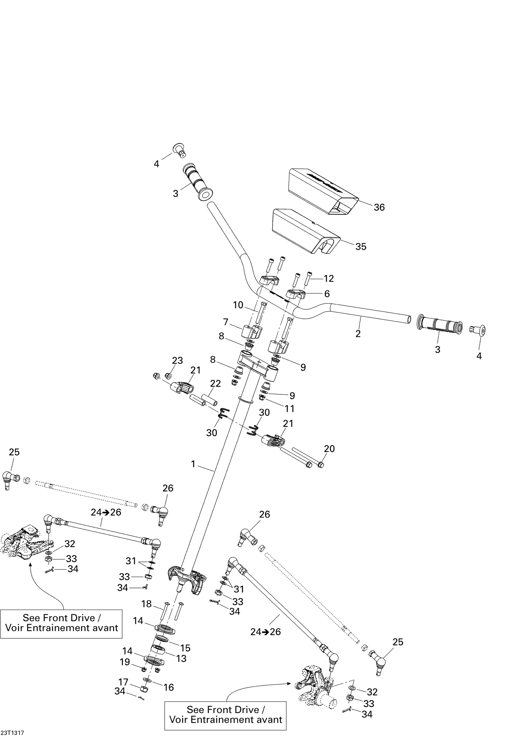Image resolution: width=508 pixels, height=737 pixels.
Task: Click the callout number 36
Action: pos(379,207)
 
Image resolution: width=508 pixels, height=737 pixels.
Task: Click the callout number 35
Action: pos(361,246)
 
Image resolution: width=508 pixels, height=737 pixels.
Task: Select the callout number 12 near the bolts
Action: pos(329,278)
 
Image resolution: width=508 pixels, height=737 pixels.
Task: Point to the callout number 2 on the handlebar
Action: pos(358,333)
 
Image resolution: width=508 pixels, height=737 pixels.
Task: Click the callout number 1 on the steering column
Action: pos(193,464)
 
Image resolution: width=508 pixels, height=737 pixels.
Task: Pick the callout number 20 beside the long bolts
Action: pos(329,449)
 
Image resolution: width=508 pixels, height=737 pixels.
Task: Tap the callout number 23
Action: pos(177,360)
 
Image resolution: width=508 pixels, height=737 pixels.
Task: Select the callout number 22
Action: pos(215,383)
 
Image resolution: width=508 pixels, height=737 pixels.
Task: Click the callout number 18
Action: pos(146,604)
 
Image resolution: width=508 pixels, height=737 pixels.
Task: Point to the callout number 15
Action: pos(185,648)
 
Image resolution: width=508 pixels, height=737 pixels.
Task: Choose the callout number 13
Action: pos(182,658)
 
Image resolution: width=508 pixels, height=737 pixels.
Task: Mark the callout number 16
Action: pos(169,687)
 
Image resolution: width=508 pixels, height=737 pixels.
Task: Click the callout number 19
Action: pos(125,662)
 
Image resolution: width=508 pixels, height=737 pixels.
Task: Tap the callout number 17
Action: pos(123,682)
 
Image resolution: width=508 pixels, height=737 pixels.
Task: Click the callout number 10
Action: pos(238,305)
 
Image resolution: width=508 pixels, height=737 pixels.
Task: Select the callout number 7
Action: pos(226,322)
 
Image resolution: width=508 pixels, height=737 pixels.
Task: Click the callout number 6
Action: pos(327,293)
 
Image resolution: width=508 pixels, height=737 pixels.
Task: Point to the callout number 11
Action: pos(289,409)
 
